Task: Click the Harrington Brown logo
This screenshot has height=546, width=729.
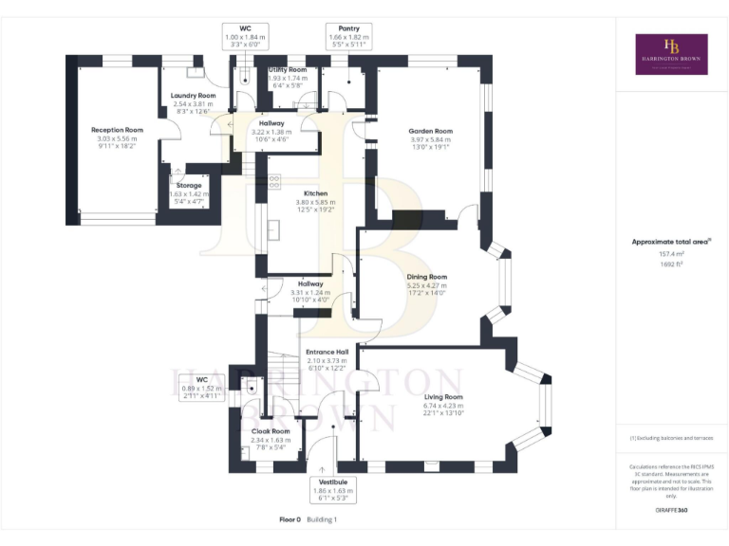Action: (671, 54)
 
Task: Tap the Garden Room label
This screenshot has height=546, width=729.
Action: (430, 132)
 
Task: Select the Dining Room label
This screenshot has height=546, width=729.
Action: (426, 278)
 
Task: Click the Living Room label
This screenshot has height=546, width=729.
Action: (443, 397)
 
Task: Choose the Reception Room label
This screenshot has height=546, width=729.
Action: (117, 130)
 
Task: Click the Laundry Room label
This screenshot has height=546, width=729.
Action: (193, 96)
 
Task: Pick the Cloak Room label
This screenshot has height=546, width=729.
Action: (270, 431)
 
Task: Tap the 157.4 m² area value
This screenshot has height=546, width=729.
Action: (671, 254)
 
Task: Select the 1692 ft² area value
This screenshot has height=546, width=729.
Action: (671, 264)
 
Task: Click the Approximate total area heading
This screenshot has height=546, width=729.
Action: (670, 242)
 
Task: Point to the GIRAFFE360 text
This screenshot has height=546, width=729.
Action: (671, 510)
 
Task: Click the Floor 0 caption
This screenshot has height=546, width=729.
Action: (290, 519)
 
